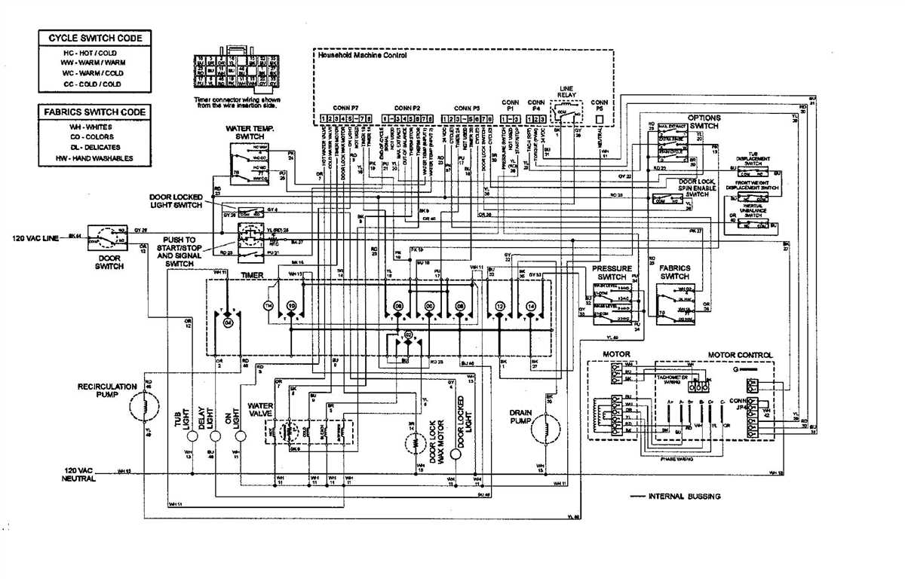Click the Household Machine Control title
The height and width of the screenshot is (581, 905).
[362, 56]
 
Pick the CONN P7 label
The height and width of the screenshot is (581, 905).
[345, 108]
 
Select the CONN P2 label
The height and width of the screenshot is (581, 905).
[407, 108]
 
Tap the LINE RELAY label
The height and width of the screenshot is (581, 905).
[566, 92]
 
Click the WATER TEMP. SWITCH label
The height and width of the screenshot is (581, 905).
[250, 133]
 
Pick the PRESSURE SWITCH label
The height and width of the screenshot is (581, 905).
[612, 273]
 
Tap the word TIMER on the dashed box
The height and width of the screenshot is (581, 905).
[252, 276]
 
